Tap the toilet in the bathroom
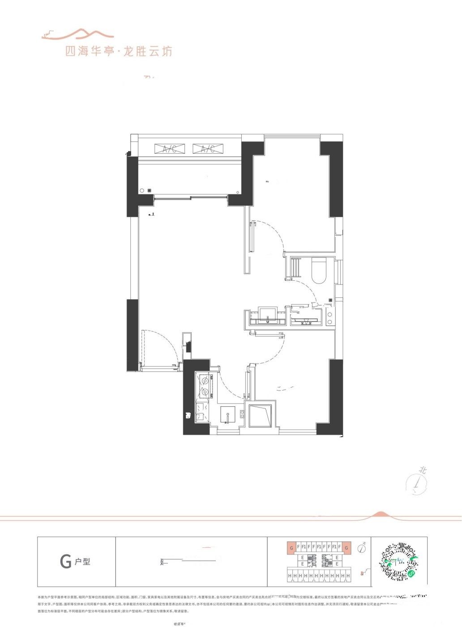click(319, 271)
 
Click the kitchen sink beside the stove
click(229, 414)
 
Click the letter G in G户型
click(66, 562)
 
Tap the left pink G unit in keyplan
click(291, 547)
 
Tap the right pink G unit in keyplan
click(347, 547)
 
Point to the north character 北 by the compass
click(422, 470)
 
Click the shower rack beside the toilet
click(295, 269)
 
